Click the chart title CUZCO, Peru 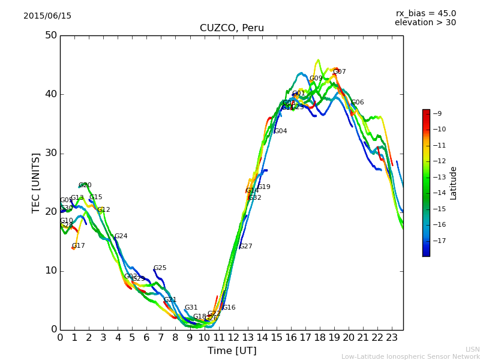tap(232, 28)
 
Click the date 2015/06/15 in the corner tap(47, 16)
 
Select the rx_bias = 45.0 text tap(426, 13)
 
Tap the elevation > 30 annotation tap(425, 23)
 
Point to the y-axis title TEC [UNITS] tap(37, 182)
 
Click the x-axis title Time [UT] tap(232, 350)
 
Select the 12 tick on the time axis tap(233, 337)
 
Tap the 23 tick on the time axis tap(392, 337)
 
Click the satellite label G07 tap(340, 72)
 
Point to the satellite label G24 tap(121, 236)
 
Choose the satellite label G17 tap(79, 246)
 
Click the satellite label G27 tap(246, 247)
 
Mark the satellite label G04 tap(281, 131)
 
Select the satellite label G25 tap(160, 268)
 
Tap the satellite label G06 tap(358, 103)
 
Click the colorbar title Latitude tap(454, 183)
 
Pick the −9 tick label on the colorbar tap(437, 113)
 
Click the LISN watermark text tap(473, 349)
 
